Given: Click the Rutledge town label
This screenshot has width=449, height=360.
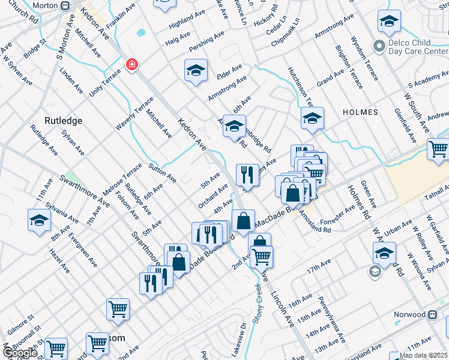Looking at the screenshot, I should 63,120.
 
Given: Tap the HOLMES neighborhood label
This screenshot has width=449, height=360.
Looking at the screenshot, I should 360,112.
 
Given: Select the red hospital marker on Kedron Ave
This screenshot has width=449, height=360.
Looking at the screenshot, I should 130,64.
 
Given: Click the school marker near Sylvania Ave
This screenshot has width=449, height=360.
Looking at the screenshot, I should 39,220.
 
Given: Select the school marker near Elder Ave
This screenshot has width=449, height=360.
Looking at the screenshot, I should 196,71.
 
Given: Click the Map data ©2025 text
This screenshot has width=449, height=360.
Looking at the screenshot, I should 423,355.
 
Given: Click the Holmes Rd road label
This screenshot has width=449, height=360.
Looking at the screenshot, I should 359,201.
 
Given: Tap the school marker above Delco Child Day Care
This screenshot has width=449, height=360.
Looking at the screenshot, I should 389,22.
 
